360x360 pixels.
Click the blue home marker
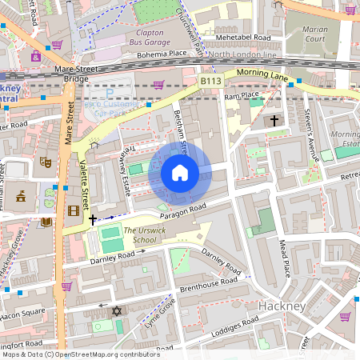pos(180,173)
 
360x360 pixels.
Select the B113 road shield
pos(210,81)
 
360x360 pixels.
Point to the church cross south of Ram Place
pos(274,121)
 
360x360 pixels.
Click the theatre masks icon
pos(46,162)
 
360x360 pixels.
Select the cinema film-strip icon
pos(74,210)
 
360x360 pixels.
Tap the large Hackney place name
pos(282,306)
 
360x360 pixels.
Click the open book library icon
pos(46,222)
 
